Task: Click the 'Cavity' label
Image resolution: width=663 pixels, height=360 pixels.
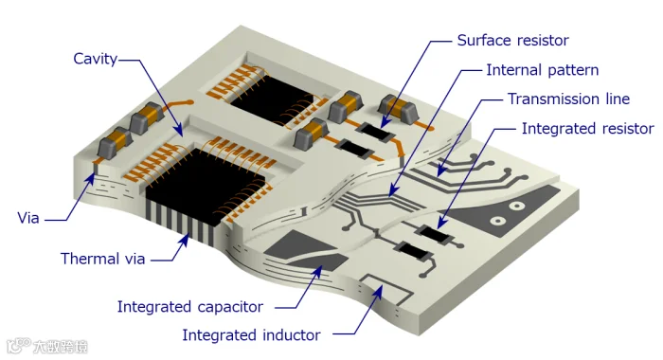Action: coord(95,59)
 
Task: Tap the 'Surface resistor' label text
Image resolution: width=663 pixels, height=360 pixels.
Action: coord(512,40)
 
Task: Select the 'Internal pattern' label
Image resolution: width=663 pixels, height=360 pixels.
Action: coord(542,70)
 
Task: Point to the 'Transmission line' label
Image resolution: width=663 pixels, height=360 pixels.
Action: coord(568,99)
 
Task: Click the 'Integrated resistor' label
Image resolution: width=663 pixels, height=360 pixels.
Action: coord(588,129)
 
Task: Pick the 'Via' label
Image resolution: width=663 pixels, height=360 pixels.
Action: coord(28,218)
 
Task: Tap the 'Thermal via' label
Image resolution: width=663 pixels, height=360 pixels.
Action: coord(102,259)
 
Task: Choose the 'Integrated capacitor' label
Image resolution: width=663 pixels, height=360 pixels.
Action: coord(189,307)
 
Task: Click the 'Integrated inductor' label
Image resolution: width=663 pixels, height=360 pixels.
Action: coord(251,335)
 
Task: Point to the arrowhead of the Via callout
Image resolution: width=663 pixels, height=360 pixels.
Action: coord(91,177)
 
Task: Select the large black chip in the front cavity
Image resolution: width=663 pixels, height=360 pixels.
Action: coord(206,186)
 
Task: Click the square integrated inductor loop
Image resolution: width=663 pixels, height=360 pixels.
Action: coord(386,290)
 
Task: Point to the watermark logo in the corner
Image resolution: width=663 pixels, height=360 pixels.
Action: coord(19,345)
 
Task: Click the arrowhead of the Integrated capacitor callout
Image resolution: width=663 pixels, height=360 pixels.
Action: coord(316,272)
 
